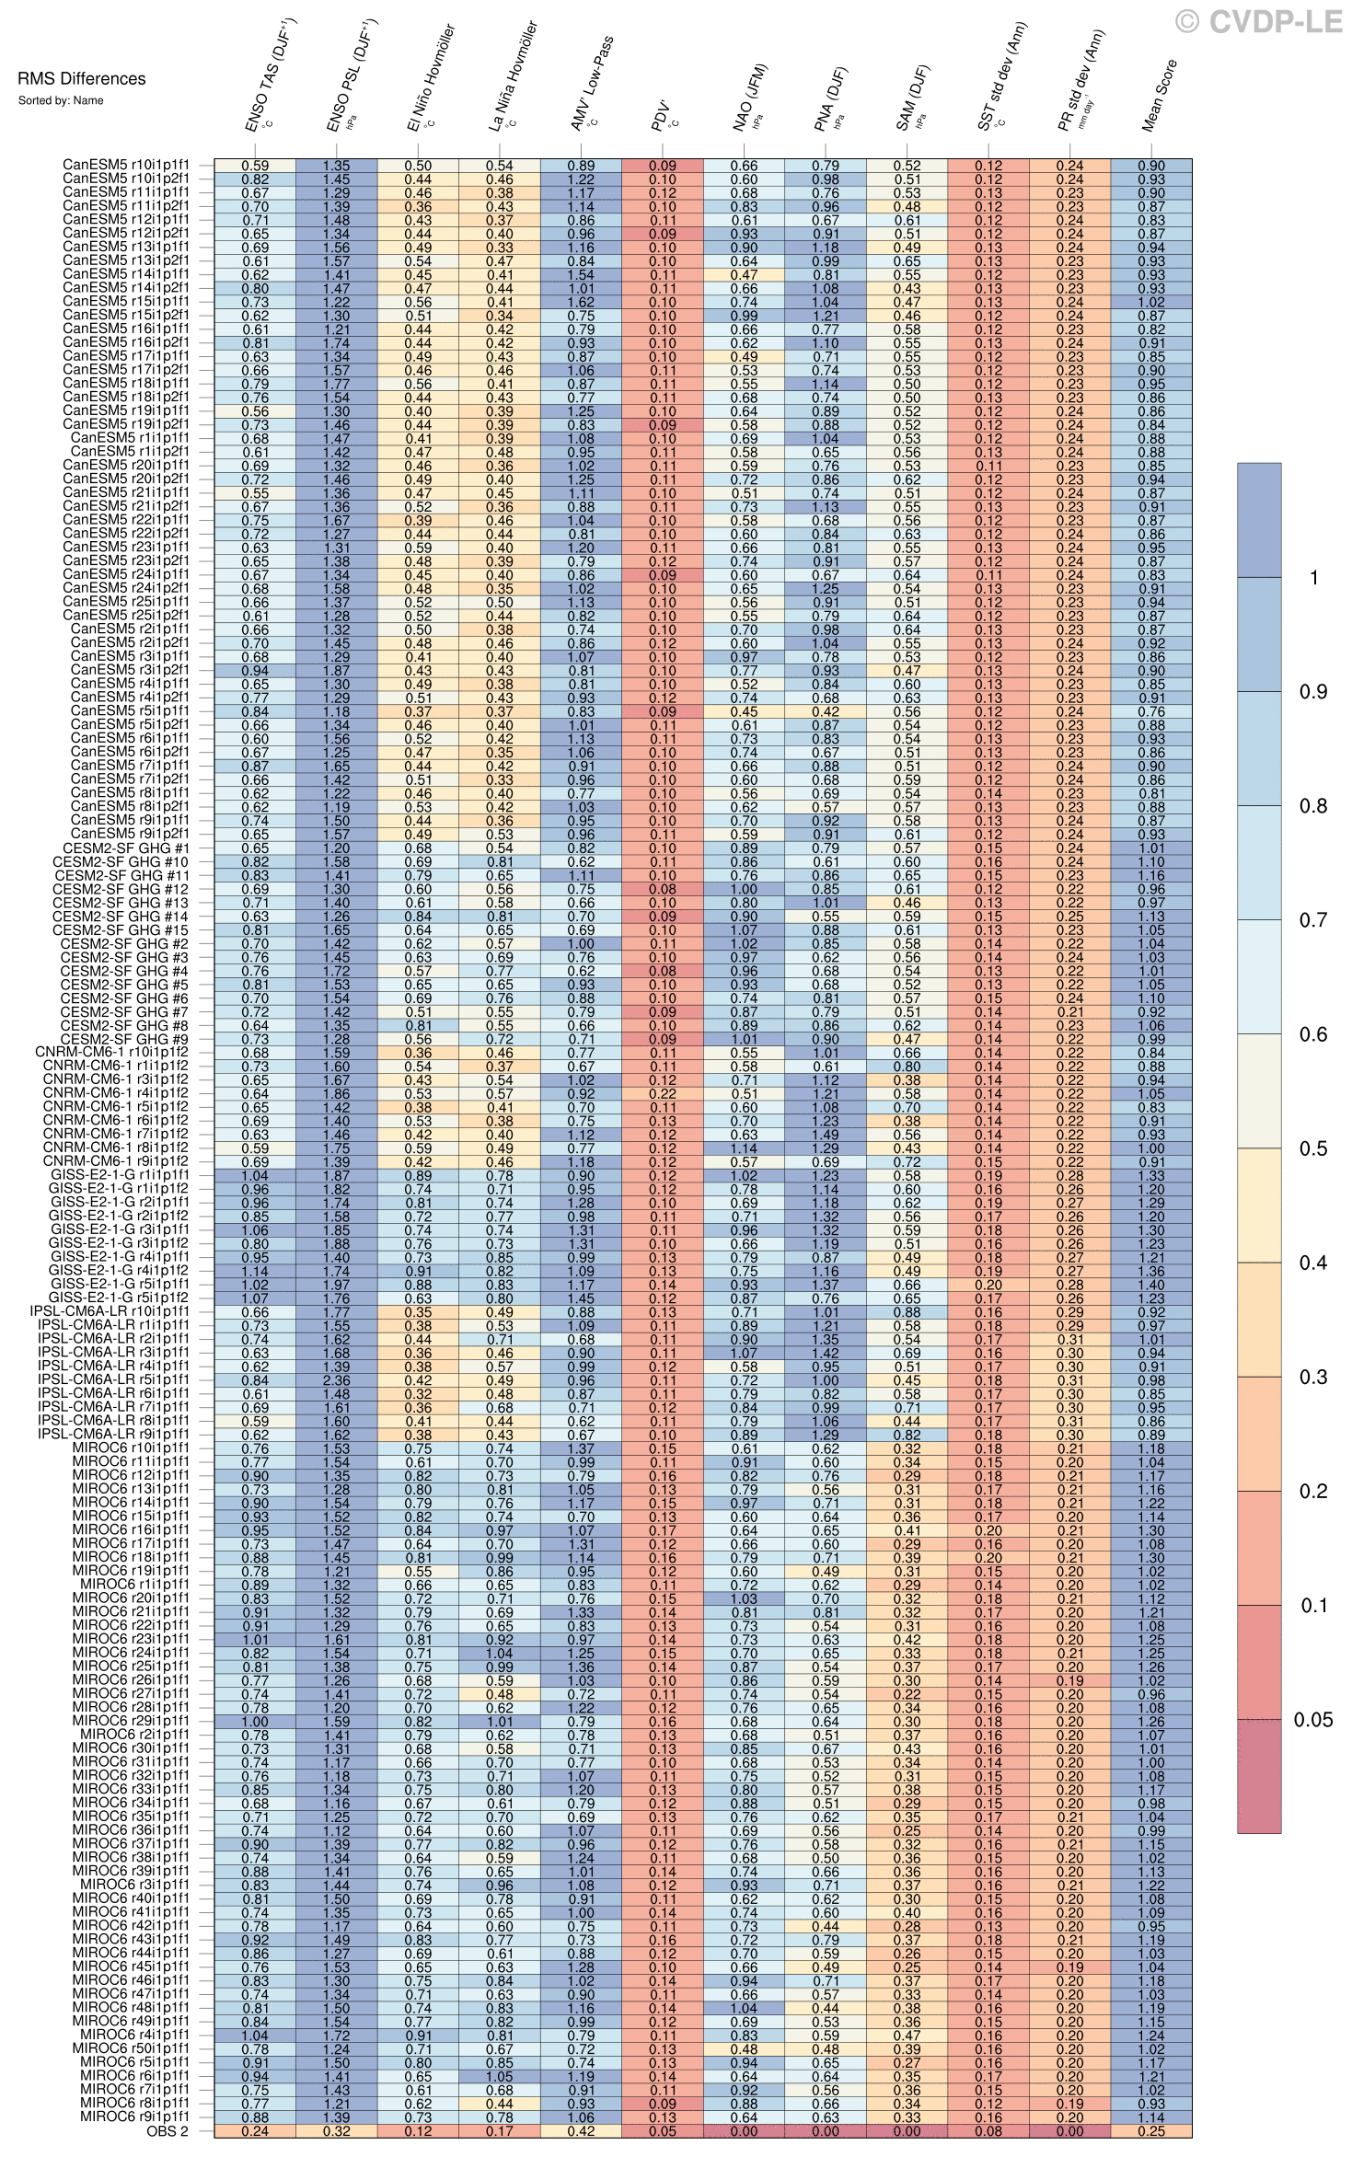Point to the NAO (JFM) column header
(751, 98)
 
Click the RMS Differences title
(82, 79)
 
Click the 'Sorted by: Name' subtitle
(61, 100)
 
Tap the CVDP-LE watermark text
(1260, 21)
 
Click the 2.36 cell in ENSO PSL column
(337, 1380)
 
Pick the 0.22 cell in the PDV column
(663, 1094)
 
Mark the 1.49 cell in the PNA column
(826, 1135)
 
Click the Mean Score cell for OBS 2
(1151, 2130)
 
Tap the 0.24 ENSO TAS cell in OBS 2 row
(255, 2130)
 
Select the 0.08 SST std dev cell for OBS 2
(988, 2130)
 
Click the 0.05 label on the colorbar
(1313, 1720)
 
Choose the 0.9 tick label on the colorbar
(1313, 692)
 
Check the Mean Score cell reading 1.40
(1151, 1285)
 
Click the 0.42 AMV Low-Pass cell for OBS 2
(582, 2130)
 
